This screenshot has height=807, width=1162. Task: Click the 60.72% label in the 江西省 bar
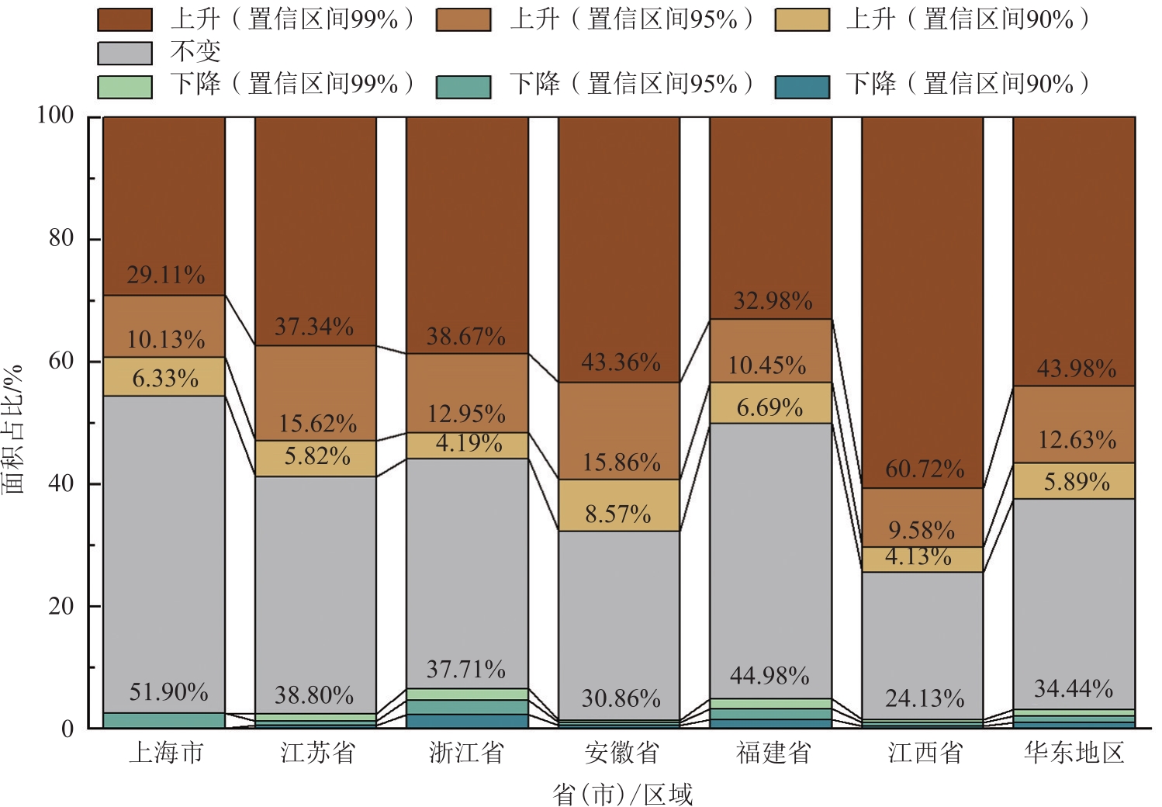click(925, 469)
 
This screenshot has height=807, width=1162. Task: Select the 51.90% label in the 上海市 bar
click(168, 691)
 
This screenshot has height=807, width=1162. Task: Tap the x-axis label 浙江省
click(467, 753)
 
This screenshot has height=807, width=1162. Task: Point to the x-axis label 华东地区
click(1074, 753)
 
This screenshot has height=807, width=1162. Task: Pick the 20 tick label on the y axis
click(61, 606)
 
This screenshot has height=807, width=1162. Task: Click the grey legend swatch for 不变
click(125, 53)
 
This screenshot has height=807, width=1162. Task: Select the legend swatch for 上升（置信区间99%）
click(125, 20)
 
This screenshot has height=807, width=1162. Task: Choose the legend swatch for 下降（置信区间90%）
click(802, 86)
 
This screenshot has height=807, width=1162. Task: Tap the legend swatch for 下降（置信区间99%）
click(125, 86)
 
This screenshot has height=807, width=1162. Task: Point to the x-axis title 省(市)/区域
click(622, 794)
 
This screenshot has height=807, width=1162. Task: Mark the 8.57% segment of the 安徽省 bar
click(618, 505)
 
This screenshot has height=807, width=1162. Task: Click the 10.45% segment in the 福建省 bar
click(770, 351)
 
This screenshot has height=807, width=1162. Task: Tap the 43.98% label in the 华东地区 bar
click(1077, 368)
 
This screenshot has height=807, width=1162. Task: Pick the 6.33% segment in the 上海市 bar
click(164, 377)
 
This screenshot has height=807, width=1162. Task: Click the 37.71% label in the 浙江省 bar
click(466, 669)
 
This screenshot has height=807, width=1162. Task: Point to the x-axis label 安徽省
click(622, 753)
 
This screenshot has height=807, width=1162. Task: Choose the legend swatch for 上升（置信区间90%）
click(802, 20)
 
